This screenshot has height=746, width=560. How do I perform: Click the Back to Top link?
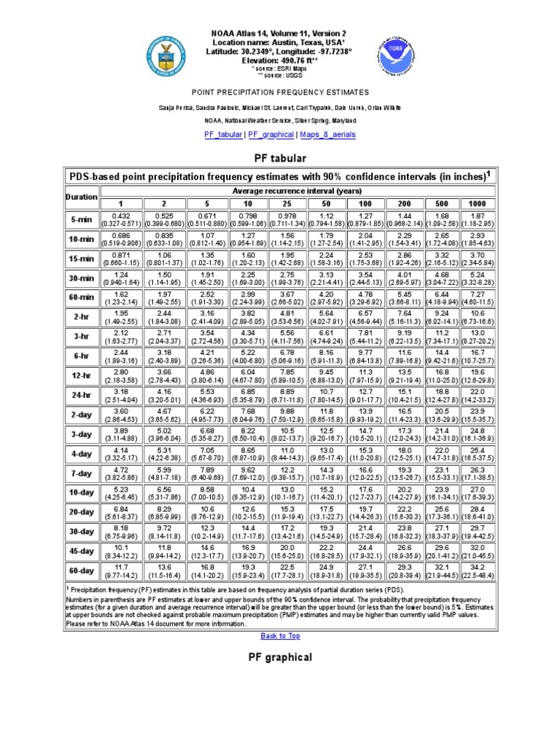(x=280, y=635)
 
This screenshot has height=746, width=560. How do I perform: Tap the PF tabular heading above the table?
(x=280, y=158)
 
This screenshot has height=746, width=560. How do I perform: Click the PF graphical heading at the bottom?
(x=280, y=657)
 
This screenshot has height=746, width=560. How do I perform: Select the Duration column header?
(x=81, y=197)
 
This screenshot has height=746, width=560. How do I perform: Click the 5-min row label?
(x=81, y=219)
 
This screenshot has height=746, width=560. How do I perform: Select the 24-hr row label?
(x=81, y=395)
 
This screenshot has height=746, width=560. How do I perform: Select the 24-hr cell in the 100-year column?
(x=367, y=395)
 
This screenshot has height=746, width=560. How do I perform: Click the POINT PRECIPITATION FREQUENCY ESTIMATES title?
(x=280, y=93)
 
